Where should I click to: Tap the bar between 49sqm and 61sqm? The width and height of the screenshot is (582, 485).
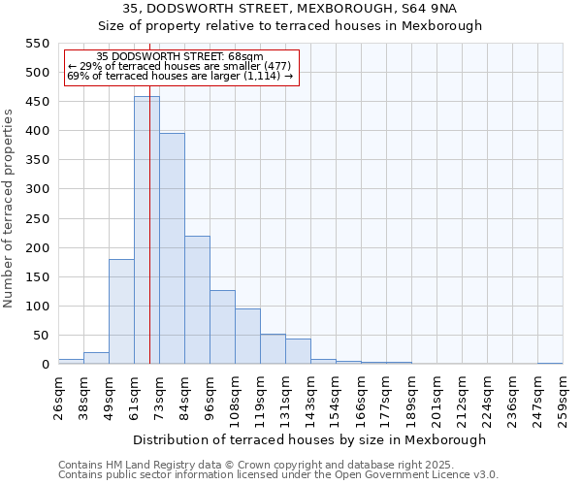tap(121, 311)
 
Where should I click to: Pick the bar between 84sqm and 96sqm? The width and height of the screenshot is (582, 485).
tap(197, 300)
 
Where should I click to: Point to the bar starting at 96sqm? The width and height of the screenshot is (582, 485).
tap(222, 327)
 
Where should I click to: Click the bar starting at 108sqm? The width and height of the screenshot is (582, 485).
tap(247, 336)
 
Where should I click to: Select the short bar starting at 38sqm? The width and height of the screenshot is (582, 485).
tap(96, 358)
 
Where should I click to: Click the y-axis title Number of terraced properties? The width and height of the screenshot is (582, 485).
tap(10, 209)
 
